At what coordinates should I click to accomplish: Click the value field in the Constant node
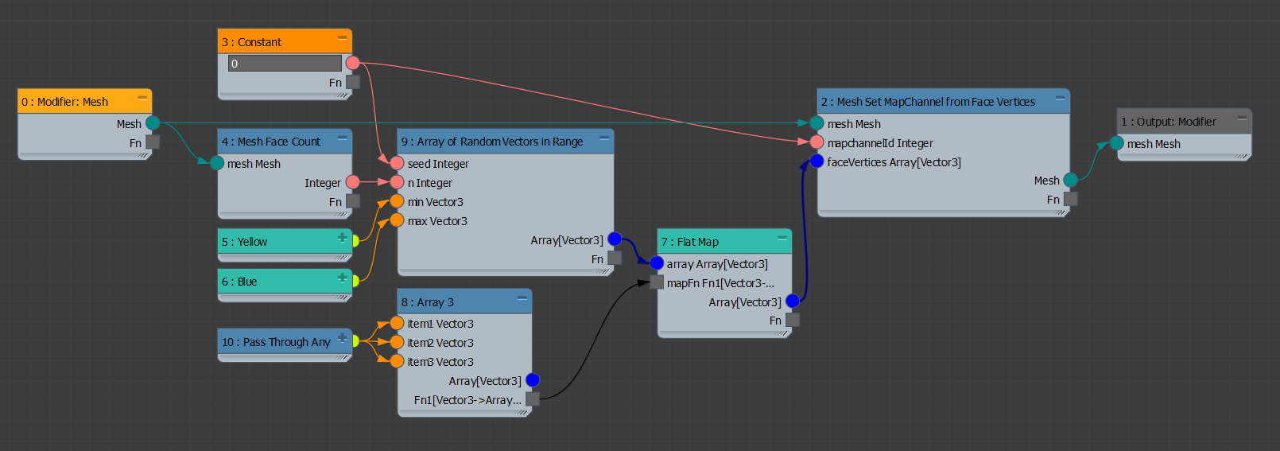coord(285,64)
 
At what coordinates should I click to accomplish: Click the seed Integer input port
coord(397,163)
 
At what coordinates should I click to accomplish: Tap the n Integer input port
coord(397,182)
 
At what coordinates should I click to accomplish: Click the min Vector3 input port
coord(397,201)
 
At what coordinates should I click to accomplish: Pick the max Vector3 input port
coord(397,220)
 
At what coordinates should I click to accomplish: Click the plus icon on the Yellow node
coord(343,237)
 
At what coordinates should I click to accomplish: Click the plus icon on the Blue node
coord(343,277)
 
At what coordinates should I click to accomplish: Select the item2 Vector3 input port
coord(397,342)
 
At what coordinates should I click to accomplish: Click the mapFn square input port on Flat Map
coord(657,282)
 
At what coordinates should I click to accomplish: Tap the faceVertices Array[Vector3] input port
coord(816,161)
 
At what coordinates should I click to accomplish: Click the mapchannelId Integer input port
coord(816,142)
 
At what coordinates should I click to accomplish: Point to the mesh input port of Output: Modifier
coord(1116,143)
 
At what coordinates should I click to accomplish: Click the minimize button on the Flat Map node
coord(782,238)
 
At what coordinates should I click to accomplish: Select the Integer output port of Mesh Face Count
coord(353,182)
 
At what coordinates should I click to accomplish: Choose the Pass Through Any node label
coord(276,342)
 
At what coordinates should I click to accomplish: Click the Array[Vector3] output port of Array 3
coord(533,380)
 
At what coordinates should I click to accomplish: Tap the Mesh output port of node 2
coord(1071,181)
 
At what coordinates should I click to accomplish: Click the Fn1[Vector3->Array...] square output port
coord(533,399)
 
